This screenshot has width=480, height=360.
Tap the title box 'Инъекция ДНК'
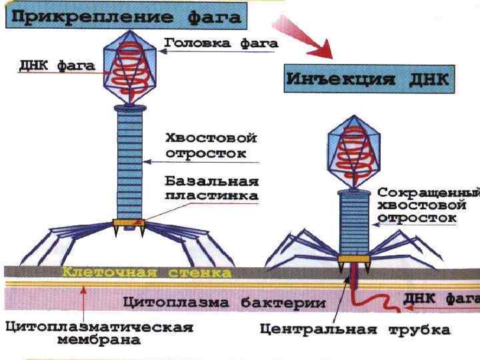(369, 80)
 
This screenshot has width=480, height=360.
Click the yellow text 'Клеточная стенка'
(147, 273)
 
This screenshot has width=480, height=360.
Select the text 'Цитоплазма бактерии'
(224, 302)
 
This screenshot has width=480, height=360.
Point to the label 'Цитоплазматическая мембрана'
(99, 333)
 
